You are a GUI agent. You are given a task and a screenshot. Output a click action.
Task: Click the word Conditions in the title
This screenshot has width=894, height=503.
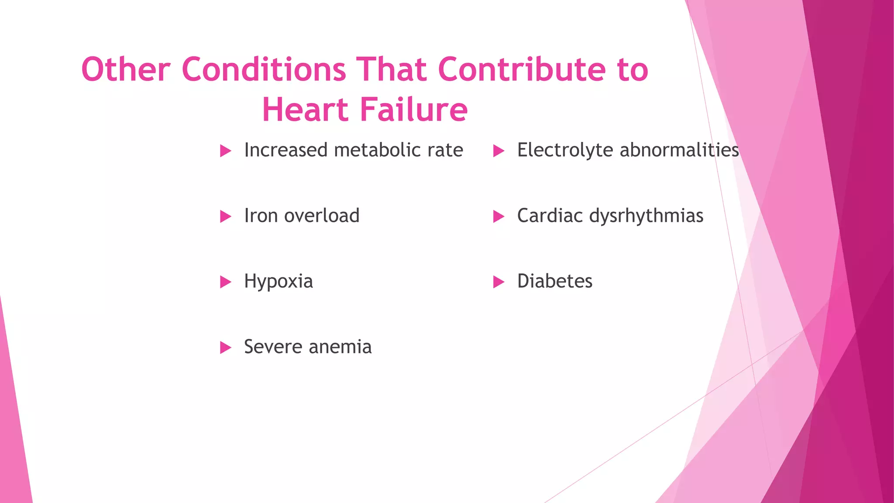264,69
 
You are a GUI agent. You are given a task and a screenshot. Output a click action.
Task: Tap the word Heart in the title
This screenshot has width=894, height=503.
305,110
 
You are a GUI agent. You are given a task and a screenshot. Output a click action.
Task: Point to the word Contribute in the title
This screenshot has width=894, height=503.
521,69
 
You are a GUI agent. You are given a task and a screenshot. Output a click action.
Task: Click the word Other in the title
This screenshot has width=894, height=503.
125,69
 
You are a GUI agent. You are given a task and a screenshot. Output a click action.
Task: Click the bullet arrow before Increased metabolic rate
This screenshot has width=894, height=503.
225,151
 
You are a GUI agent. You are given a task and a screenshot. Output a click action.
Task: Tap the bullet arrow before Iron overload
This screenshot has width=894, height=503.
225,217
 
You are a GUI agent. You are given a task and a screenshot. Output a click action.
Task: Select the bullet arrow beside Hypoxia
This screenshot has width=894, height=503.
225,282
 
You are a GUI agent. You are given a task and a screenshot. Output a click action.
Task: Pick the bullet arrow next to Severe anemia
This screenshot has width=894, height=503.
225,348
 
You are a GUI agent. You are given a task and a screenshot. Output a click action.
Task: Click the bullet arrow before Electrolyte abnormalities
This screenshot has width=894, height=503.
499,151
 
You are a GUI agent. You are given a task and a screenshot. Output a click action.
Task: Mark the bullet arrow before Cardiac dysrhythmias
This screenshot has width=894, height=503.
499,217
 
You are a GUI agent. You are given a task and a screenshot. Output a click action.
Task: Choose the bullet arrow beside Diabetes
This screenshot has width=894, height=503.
499,282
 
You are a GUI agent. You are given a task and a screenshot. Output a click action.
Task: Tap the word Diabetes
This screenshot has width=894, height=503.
555,281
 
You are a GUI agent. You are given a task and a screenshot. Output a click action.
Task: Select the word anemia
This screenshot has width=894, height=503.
340,347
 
